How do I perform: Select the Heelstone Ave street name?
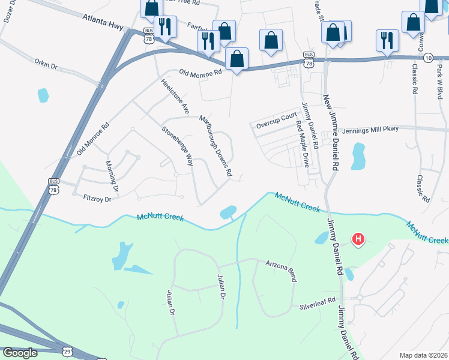click(x=175, y=95)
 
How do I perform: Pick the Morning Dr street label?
click(x=113, y=177)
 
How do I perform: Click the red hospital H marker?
click(x=358, y=240)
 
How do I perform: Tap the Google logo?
click(x=19, y=353)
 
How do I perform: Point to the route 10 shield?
click(x=427, y=58)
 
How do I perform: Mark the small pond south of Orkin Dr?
click(x=43, y=95)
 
